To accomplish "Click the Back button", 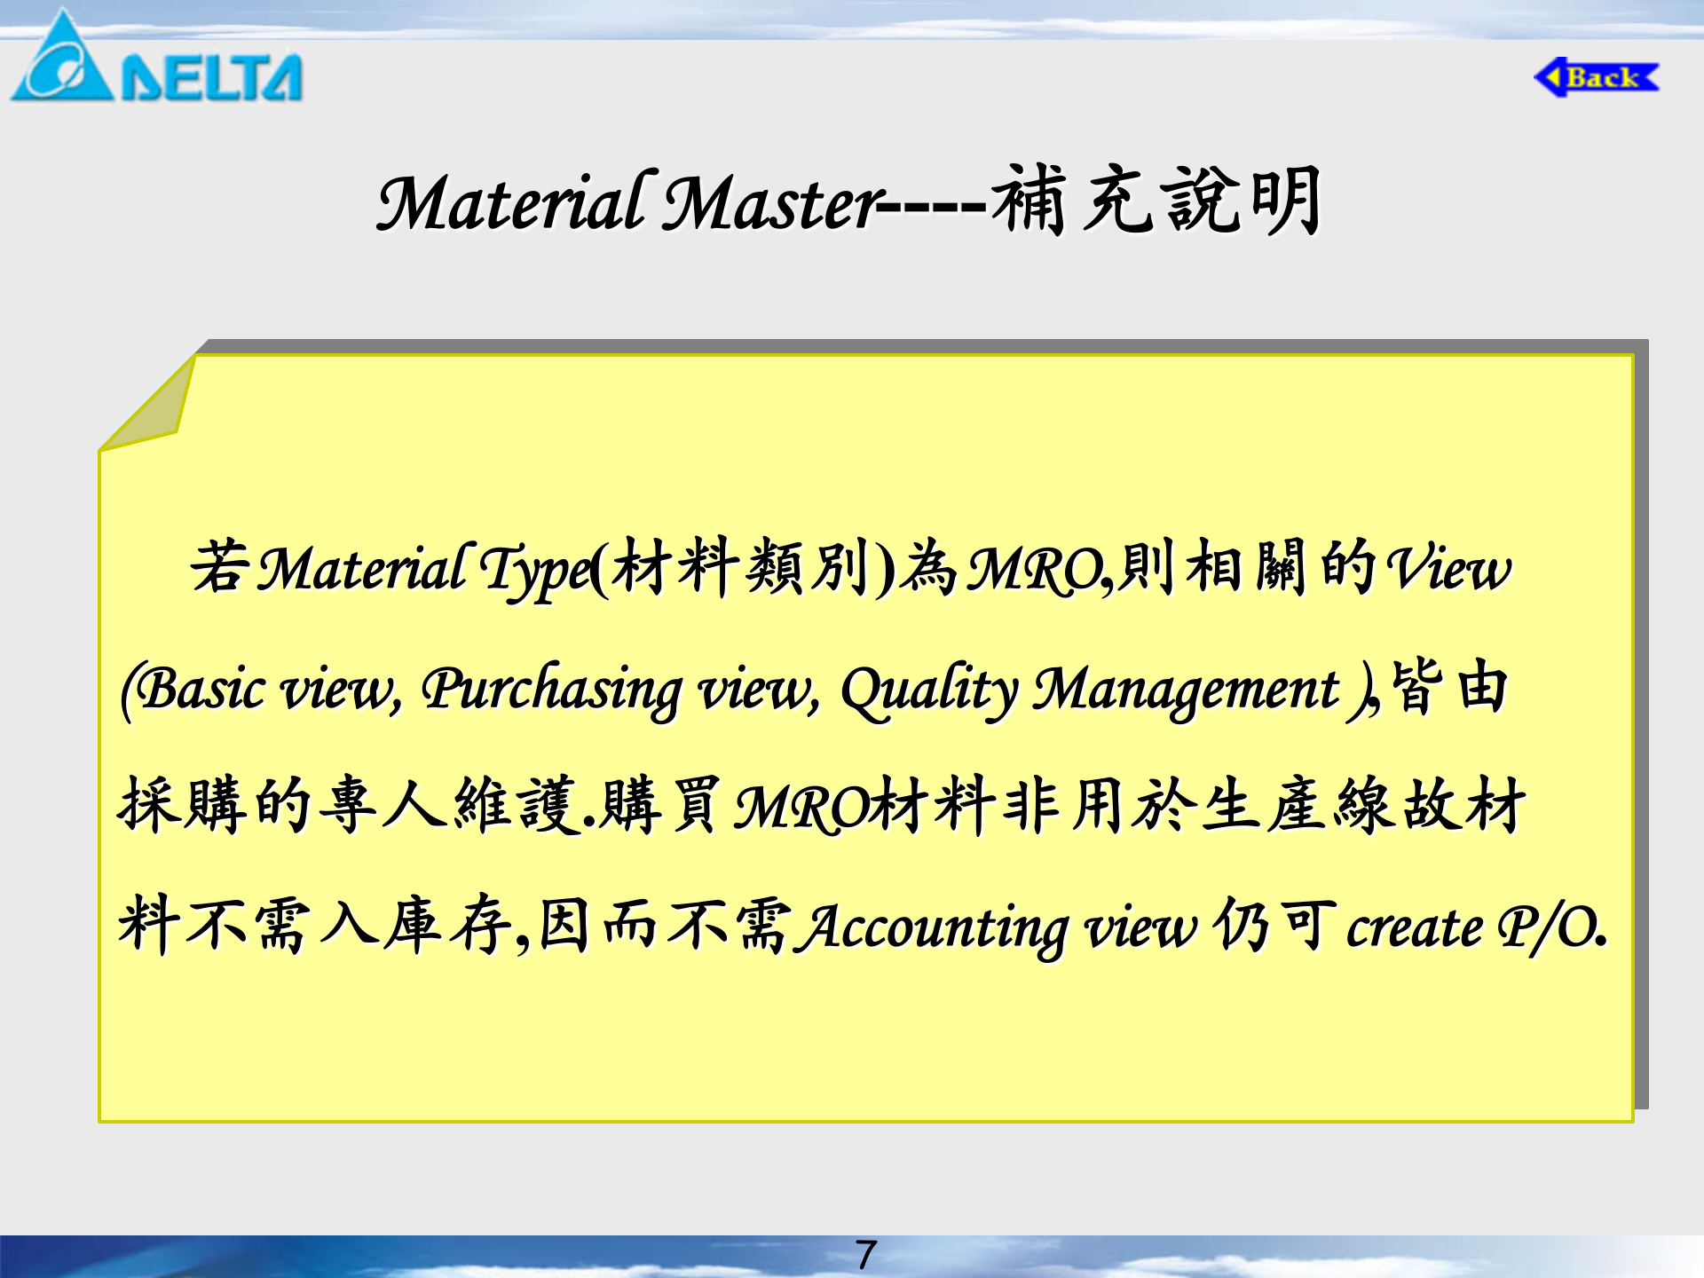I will tap(1597, 77).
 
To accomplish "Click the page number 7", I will tap(866, 1255).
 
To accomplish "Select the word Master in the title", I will tap(772, 203).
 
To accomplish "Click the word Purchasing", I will tap(551, 690).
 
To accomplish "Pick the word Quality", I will tap(929, 690).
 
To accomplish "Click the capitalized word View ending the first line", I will tap(1448, 569).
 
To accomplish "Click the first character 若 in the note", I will tap(218, 566).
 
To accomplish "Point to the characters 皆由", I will tap(1449, 687).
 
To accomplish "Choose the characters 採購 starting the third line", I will tap(183, 804).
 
